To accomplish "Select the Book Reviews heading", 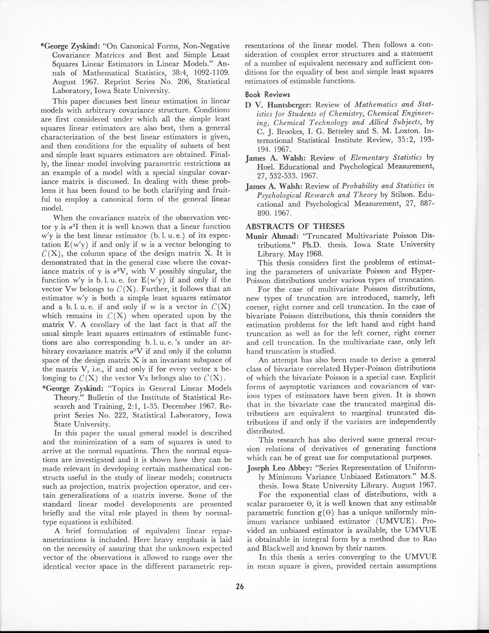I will pyautogui.click(x=267, y=95).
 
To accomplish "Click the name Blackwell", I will pyautogui.click(x=282, y=548).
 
